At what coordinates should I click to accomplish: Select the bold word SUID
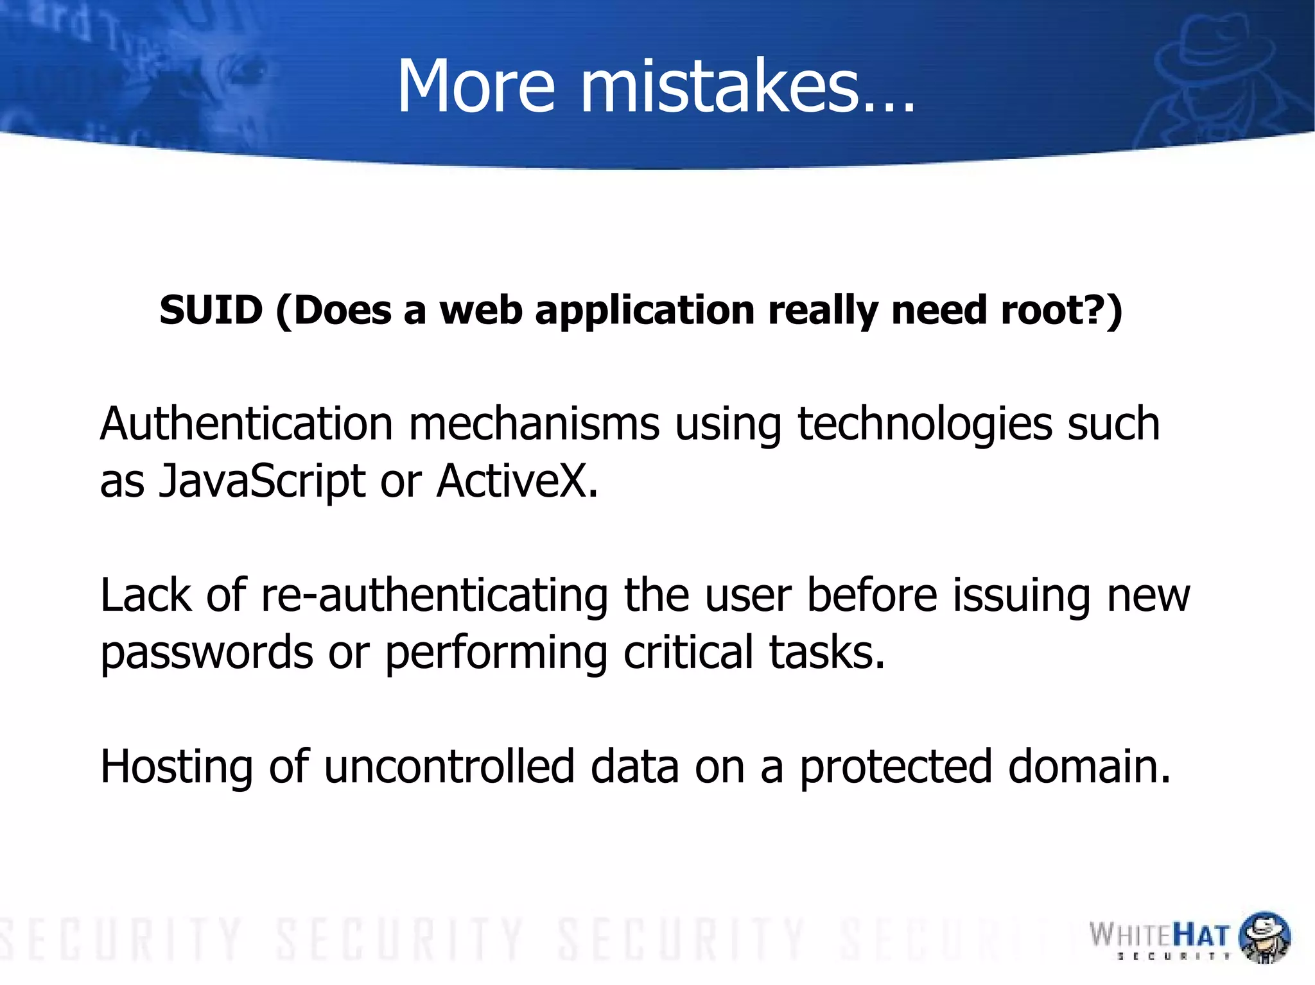[211, 311]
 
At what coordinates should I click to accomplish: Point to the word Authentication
[246, 425]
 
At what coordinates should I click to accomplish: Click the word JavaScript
[262, 481]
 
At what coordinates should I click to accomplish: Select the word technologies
[925, 425]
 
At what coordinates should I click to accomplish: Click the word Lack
[146, 595]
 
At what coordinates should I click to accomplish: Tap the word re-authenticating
[435, 595]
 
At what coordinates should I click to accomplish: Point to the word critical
[688, 652]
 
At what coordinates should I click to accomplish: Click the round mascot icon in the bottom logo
[1264, 937]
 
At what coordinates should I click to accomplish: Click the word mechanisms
[534, 425]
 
